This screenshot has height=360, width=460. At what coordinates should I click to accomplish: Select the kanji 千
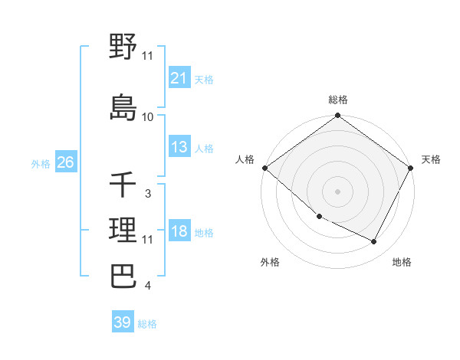(123, 185)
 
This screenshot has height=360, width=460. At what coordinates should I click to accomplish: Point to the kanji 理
(123, 230)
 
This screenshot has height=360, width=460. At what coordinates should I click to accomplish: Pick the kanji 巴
(123, 276)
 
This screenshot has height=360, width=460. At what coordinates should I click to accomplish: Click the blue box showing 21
(179, 79)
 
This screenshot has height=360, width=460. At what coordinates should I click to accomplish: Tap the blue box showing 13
(179, 148)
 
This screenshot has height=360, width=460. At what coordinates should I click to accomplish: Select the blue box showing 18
(179, 232)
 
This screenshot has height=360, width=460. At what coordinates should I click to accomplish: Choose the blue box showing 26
(65, 163)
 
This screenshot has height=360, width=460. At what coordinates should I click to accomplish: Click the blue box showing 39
(122, 322)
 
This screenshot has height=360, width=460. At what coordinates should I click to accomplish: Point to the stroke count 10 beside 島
(147, 117)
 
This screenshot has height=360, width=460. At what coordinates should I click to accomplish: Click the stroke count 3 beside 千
(147, 194)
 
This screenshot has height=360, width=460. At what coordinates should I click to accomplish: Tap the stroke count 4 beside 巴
(147, 286)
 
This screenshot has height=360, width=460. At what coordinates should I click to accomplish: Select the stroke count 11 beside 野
(147, 56)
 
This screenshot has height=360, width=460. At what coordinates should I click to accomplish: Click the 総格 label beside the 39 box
(147, 324)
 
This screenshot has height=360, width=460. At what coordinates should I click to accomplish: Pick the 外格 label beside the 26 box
(41, 164)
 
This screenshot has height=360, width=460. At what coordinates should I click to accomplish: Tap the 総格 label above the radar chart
(337, 100)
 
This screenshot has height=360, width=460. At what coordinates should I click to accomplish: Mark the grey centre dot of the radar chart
(337, 191)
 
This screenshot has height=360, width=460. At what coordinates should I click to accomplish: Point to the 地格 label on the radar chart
(402, 262)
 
